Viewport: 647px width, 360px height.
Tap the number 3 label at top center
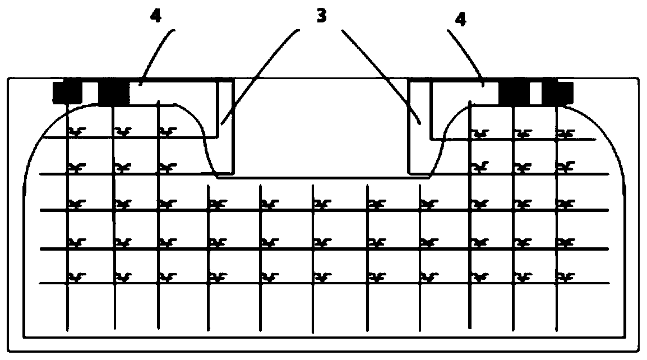(x=321, y=15)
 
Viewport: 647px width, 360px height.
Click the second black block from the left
(x=113, y=93)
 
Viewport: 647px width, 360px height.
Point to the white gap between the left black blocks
(x=90, y=93)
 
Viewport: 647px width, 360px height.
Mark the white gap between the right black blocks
(x=536, y=93)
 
